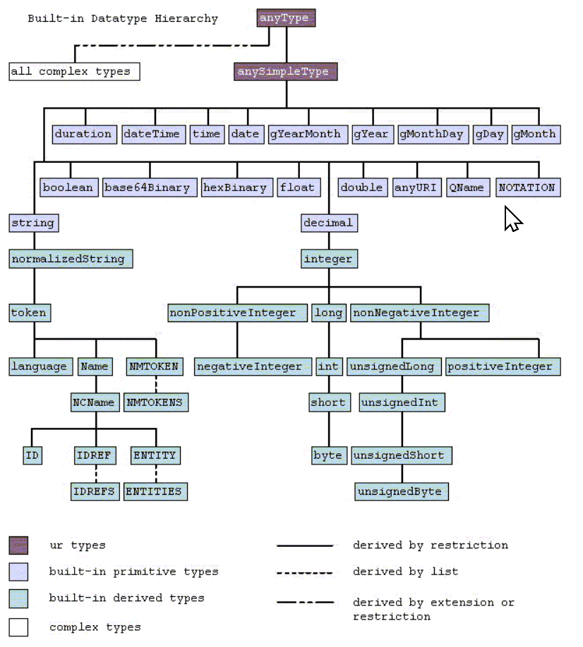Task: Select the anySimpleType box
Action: [x=286, y=71]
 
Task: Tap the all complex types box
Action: [x=74, y=71]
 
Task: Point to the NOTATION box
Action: [x=528, y=187]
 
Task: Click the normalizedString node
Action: [x=71, y=259]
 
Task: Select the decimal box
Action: [x=328, y=223]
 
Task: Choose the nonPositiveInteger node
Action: [x=237, y=313]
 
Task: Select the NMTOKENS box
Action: [x=157, y=402]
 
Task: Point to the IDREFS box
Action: [x=95, y=491]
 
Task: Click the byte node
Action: [x=328, y=455]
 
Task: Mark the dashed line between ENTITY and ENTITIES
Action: [x=156, y=474]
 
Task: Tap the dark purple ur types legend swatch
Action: [x=18, y=546]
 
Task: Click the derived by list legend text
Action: [x=405, y=572]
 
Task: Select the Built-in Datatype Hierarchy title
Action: [x=123, y=19]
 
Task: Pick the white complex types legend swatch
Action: [x=18, y=627]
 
